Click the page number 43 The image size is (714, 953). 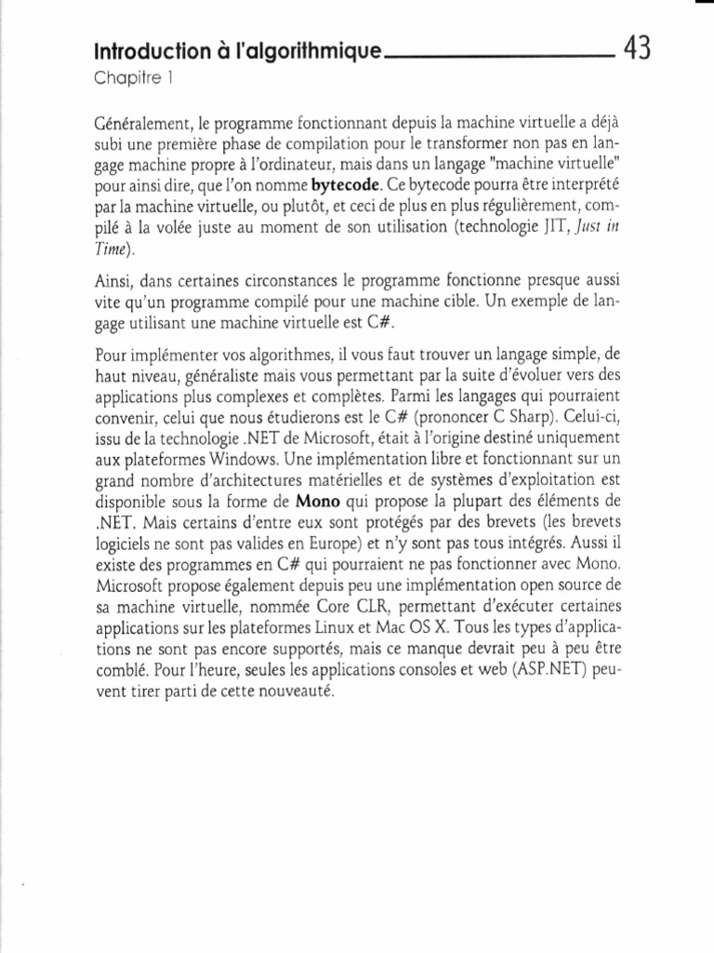click(638, 47)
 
